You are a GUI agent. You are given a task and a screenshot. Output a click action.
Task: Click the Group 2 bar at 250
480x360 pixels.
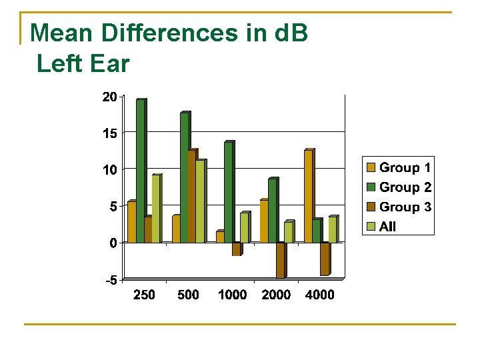coord(140,171)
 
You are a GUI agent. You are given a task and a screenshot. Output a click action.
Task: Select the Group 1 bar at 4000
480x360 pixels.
coord(308,197)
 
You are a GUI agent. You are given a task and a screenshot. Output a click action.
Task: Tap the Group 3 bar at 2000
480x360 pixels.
coord(280,260)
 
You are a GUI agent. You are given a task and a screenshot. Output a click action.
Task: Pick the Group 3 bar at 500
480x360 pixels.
coord(192,197)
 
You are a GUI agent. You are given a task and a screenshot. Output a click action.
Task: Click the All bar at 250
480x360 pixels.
coord(155,209)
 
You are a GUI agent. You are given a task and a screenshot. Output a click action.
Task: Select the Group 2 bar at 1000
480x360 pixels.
coord(228,193)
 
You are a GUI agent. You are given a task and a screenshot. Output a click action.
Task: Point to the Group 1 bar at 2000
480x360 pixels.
coord(264,221)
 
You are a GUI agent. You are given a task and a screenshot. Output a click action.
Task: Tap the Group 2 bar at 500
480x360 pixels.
coord(185,178)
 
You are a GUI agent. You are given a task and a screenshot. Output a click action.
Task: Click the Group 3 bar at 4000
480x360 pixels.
coord(324,259)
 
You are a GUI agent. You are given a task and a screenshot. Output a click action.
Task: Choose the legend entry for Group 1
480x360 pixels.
coord(399,168)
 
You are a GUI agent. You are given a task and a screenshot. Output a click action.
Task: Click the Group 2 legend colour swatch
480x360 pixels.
coord(371,188)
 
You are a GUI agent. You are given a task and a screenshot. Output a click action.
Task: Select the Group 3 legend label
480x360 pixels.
coord(405,207)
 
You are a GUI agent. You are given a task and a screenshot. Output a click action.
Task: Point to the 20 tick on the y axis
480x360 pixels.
coord(109,97)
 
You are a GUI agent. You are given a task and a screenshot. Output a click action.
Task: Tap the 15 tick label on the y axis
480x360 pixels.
coord(109,134)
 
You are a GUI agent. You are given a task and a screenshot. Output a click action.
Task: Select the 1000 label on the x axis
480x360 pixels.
coord(232,295)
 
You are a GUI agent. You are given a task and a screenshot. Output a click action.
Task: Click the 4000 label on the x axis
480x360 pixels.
coord(319,295)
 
